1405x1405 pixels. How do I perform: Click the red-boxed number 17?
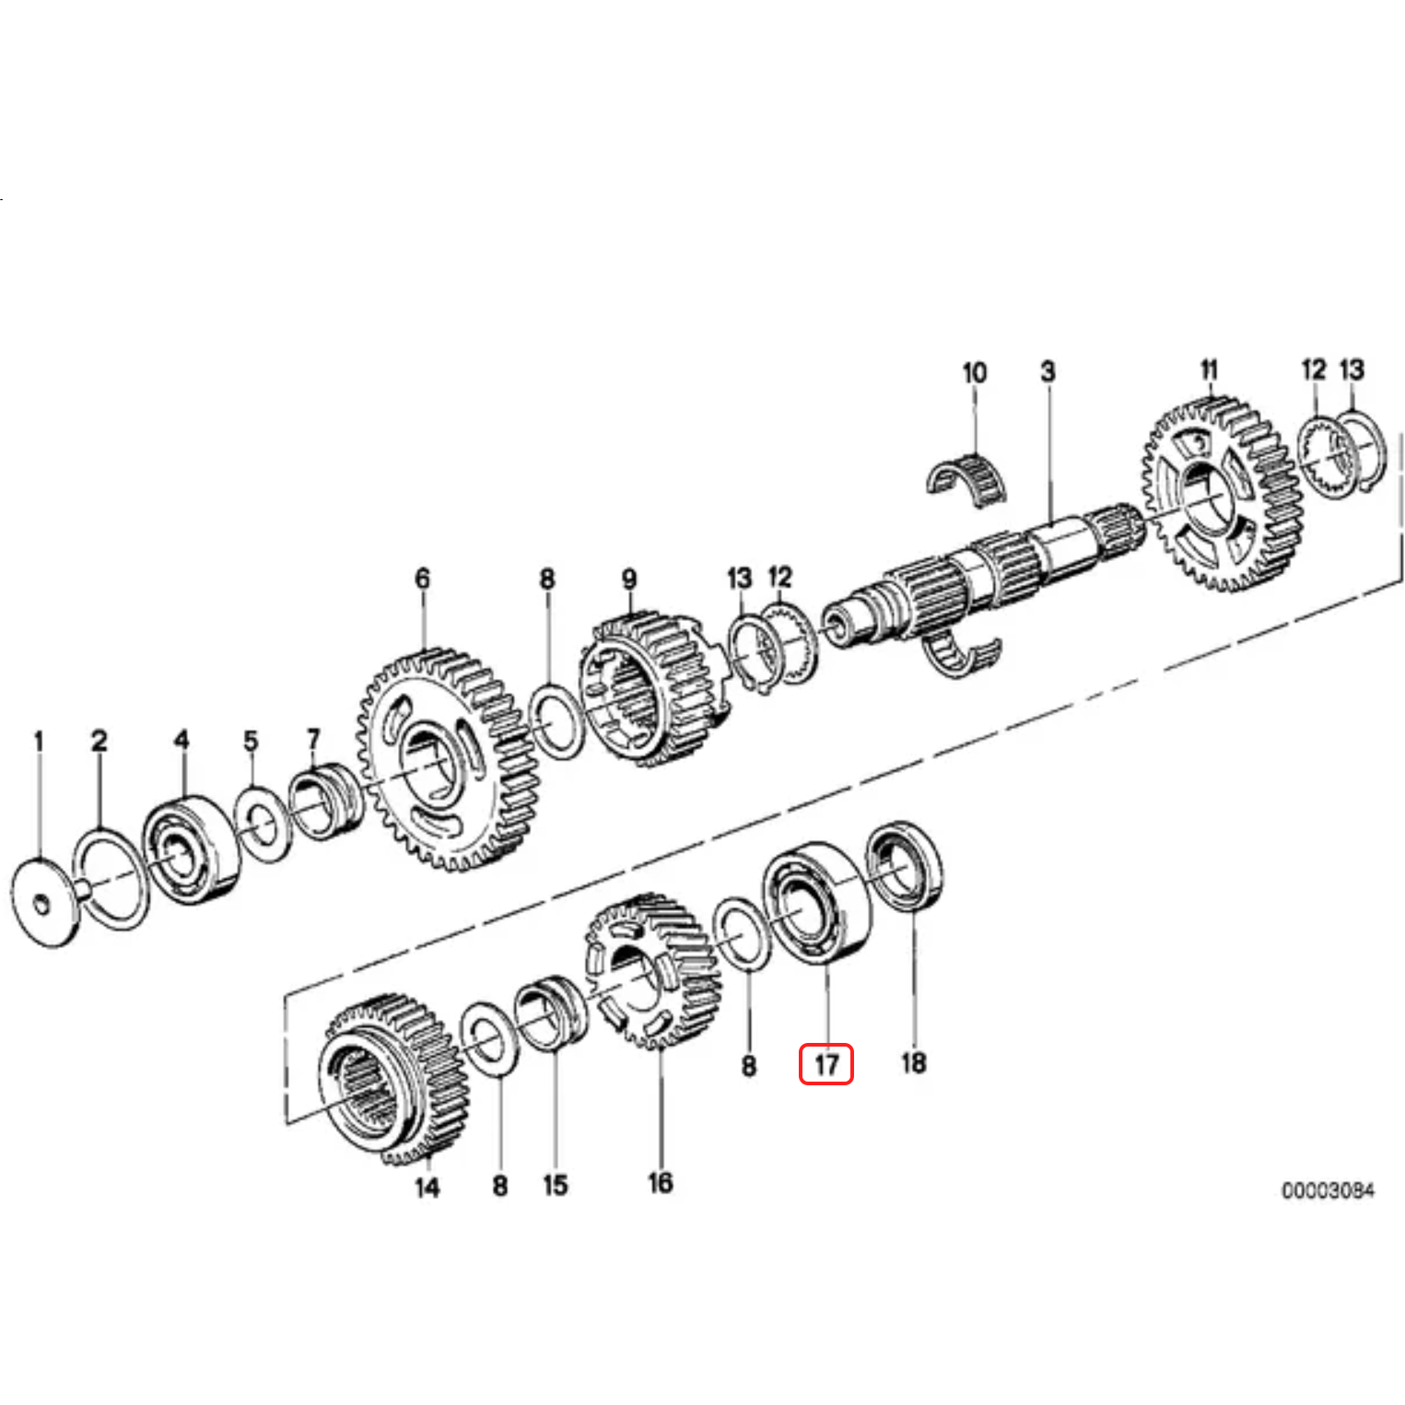(825, 1064)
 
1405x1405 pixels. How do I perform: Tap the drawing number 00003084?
(1328, 1190)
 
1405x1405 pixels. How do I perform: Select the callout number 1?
(38, 741)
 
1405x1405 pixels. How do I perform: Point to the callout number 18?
(913, 1062)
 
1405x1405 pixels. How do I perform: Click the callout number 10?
(974, 373)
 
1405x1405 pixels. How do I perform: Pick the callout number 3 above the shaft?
(1048, 371)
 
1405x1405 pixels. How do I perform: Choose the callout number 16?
(660, 1182)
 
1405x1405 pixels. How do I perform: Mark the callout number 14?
(427, 1187)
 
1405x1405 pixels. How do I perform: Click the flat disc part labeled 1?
(41, 903)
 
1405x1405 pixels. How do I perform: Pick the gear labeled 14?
(392, 1078)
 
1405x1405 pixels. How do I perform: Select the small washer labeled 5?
(261, 823)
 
